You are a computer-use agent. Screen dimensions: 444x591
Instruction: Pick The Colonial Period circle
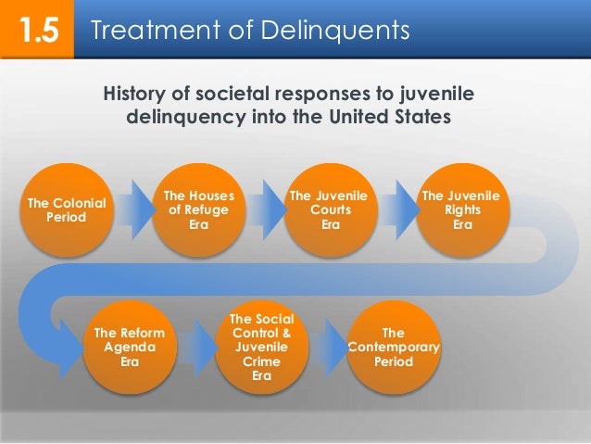67,209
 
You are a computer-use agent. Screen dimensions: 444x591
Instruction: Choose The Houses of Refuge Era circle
198,209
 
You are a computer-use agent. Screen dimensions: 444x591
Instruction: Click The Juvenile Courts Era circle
329,209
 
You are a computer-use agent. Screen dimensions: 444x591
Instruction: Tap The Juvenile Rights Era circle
460,209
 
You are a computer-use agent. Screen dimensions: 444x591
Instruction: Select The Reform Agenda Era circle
131,348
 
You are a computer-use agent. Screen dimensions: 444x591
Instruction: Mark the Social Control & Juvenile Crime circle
262,348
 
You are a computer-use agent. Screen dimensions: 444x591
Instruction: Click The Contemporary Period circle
393,348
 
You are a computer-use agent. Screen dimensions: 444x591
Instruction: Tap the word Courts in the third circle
329,209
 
